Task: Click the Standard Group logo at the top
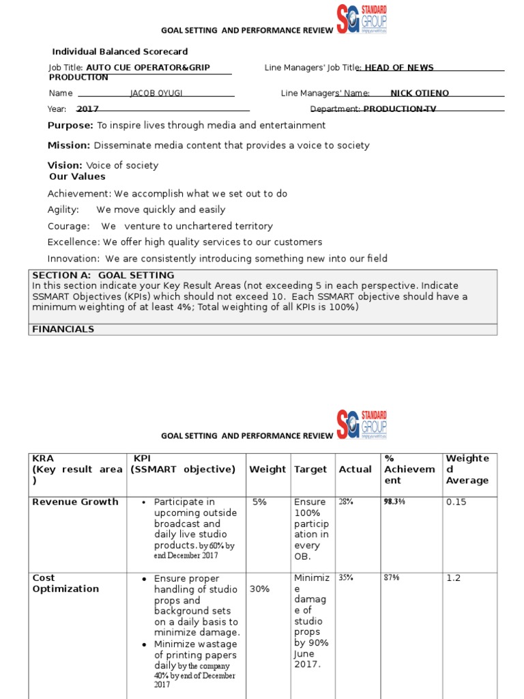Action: (x=362, y=20)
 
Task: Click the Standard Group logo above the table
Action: (x=362, y=425)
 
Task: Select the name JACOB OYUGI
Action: (x=158, y=93)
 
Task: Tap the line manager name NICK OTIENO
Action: (x=420, y=93)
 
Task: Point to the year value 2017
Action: (x=87, y=109)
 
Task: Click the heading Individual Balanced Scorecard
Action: (x=120, y=51)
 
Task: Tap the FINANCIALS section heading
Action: (x=63, y=329)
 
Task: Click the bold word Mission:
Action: (x=69, y=145)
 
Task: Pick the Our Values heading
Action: (x=77, y=176)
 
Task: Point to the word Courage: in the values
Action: (x=69, y=226)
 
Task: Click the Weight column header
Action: (x=267, y=469)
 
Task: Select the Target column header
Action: (x=310, y=469)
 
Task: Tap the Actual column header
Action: (x=355, y=469)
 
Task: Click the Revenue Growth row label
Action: (x=76, y=502)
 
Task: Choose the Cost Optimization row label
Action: (x=65, y=583)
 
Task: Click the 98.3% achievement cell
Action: (x=394, y=502)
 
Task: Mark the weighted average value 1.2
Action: (x=453, y=577)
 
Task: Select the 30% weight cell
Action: (x=259, y=589)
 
